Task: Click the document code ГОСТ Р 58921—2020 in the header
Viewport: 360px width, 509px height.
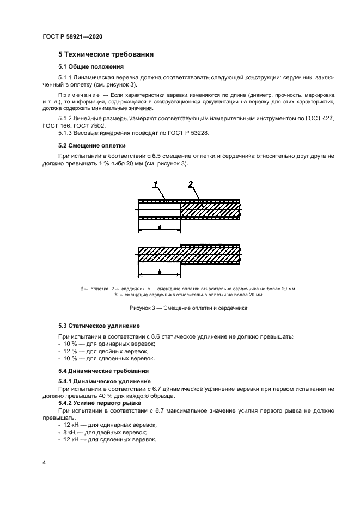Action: point(72,36)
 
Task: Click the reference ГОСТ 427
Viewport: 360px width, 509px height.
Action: point(320,118)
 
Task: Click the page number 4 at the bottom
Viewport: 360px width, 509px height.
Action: point(44,462)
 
